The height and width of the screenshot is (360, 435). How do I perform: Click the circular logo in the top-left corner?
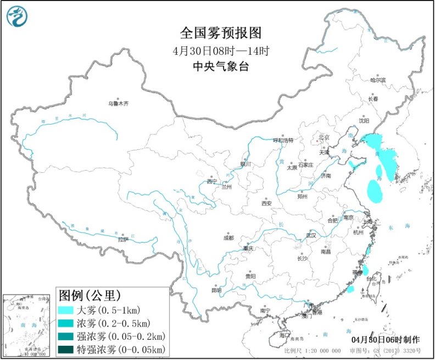(18, 17)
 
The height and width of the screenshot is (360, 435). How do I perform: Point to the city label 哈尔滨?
(378, 80)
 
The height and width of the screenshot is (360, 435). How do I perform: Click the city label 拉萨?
(122, 239)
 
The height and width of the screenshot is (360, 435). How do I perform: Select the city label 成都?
(228, 238)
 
